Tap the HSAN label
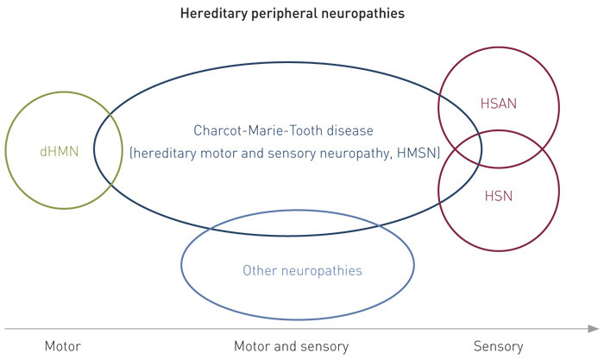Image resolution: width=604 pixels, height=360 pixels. click(x=498, y=104)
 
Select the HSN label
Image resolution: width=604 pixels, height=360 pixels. click(x=498, y=195)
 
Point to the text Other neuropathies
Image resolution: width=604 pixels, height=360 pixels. click(x=302, y=271)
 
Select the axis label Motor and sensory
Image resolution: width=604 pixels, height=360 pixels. click(x=292, y=346)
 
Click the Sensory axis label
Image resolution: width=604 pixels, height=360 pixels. click(x=499, y=346)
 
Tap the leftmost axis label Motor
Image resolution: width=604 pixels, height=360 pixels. click(x=62, y=346)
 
